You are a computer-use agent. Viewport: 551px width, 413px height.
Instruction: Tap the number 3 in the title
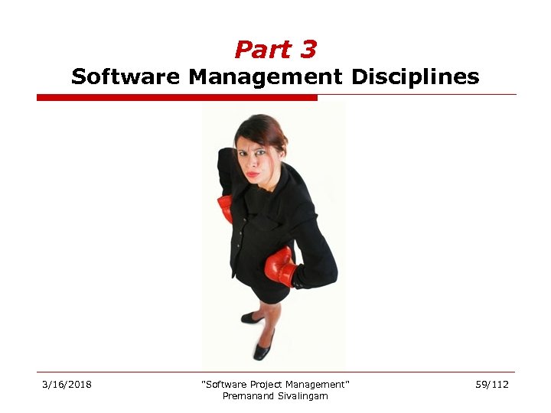point(308,50)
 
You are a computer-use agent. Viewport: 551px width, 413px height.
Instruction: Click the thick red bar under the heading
point(177,98)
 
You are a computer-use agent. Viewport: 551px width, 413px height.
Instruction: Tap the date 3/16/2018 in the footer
point(67,384)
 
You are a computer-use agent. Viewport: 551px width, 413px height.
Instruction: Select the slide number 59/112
point(492,384)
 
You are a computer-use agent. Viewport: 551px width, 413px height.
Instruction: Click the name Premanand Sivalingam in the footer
point(275,395)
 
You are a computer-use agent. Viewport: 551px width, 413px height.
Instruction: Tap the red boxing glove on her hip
point(280,265)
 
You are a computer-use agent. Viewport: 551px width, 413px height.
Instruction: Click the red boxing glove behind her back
point(225,207)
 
